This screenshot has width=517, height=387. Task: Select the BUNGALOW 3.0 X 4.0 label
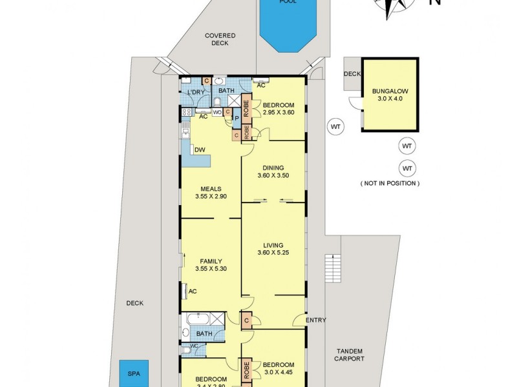[x=389, y=95]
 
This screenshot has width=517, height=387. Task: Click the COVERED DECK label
[x=220, y=40]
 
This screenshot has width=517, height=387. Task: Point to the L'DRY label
[x=195, y=93]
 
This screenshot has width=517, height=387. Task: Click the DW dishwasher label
[x=200, y=150]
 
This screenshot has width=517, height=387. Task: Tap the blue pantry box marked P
[x=237, y=119]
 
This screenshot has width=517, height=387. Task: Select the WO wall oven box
[x=218, y=112]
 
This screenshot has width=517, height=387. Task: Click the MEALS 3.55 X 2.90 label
[x=211, y=192]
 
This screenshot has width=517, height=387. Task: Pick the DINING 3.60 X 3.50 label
[x=273, y=172]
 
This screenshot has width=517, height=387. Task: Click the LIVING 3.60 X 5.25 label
[x=273, y=249]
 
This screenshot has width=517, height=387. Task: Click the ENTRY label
[x=317, y=320]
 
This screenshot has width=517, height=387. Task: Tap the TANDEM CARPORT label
[x=350, y=355]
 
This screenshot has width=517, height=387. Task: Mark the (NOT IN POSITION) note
[x=390, y=183]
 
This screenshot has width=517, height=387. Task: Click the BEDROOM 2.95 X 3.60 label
[x=279, y=109]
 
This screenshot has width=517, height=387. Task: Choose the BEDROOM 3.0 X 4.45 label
[x=279, y=368]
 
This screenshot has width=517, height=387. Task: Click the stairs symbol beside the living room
[x=333, y=268]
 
